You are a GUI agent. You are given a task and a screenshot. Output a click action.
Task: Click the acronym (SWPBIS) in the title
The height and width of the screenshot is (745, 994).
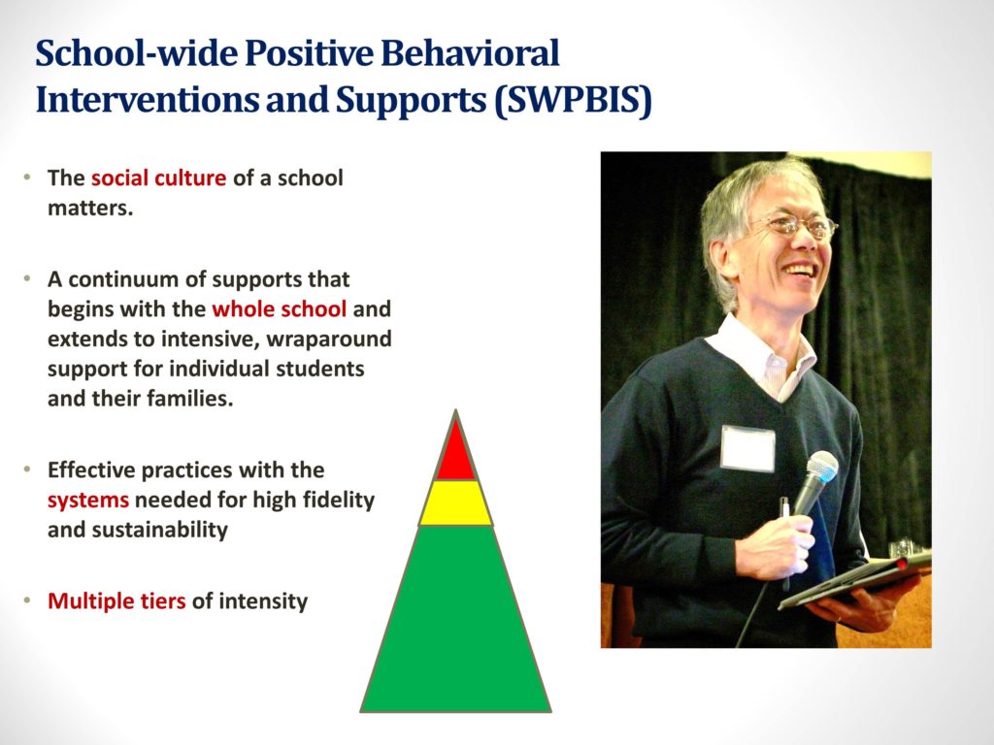(573, 101)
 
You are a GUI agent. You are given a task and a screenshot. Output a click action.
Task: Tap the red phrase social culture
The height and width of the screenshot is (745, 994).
(158, 178)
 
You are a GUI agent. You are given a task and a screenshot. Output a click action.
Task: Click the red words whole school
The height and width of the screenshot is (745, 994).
(279, 309)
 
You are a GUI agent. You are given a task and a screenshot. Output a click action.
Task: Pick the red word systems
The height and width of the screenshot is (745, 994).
(88, 501)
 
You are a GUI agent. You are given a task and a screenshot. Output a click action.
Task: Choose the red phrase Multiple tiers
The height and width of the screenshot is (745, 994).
(116, 601)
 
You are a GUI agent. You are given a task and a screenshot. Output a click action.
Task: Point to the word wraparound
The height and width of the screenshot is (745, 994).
(329, 340)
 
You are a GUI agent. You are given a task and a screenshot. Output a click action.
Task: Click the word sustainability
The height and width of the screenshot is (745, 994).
(160, 530)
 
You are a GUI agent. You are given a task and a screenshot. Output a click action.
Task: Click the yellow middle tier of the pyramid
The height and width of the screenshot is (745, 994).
(456, 503)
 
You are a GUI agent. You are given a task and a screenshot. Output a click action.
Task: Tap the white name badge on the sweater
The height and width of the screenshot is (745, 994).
(748, 448)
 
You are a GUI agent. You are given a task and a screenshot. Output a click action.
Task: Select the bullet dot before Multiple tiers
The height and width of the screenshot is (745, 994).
(26, 599)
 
